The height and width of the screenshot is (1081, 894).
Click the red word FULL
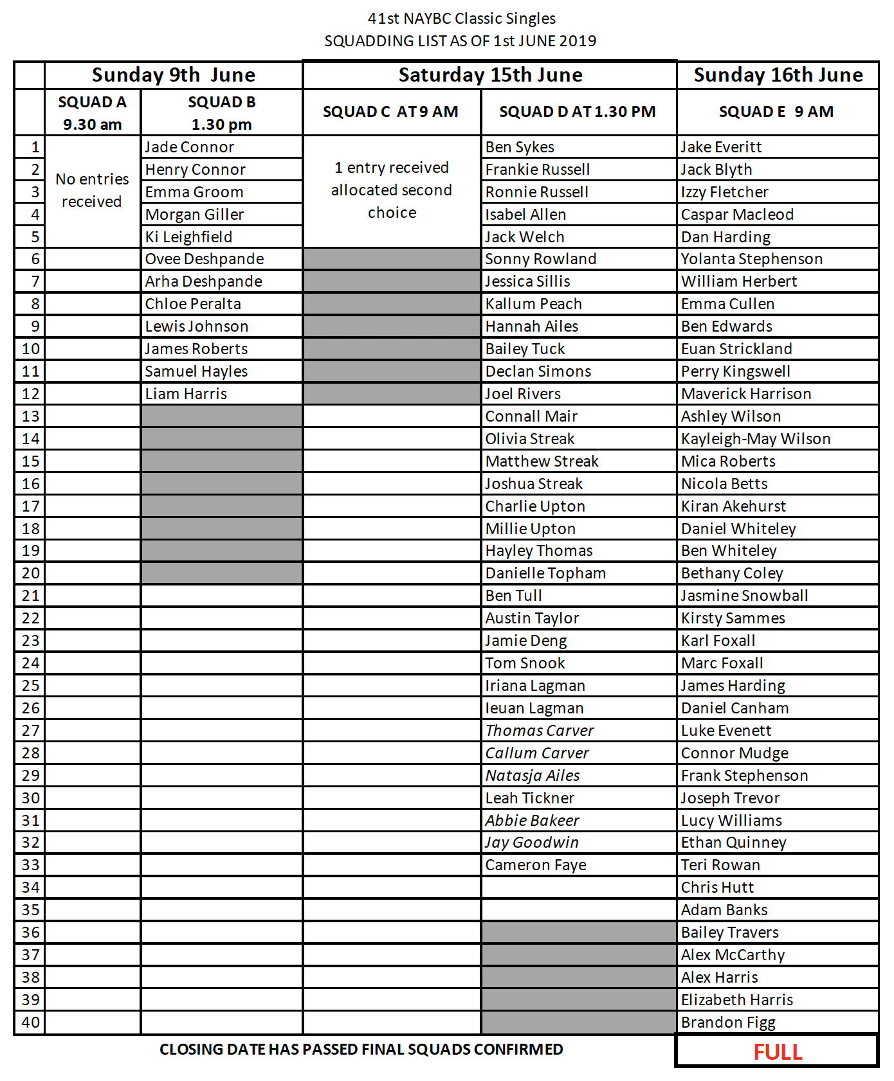pyautogui.click(x=778, y=1052)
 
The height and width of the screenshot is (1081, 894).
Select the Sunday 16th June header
pyautogui.click(x=778, y=75)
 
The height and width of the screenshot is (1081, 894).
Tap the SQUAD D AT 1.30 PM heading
pyautogui.click(x=577, y=112)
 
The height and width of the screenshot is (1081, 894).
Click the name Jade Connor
pyautogui.click(x=189, y=147)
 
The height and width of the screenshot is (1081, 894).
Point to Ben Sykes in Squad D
pyautogui.click(x=520, y=147)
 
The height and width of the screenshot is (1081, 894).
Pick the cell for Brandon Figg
pyautogui.click(x=728, y=1023)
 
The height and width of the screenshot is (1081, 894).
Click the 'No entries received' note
pyautogui.click(x=92, y=190)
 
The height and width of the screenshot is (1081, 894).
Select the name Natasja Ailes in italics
pyautogui.click(x=533, y=776)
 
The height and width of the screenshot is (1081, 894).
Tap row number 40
pyautogui.click(x=30, y=1023)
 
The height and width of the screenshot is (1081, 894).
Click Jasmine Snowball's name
pyautogui.click(x=744, y=596)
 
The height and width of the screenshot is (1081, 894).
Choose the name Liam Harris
pyautogui.click(x=186, y=394)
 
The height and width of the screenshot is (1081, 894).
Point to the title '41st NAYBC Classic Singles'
pyautogui.click(x=461, y=19)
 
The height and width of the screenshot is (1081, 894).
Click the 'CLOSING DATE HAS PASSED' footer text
pyautogui.click(x=361, y=1050)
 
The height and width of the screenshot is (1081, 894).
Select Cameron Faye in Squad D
pyautogui.click(x=536, y=865)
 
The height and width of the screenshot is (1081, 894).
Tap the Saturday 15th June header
pyautogui.click(x=490, y=75)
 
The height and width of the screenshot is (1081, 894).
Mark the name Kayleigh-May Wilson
pyautogui.click(x=756, y=439)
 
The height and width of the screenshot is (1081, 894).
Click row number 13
pyautogui.click(x=30, y=416)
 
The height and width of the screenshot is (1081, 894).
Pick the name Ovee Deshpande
pyautogui.click(x=205, y=259)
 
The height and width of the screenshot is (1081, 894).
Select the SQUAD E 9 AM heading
pyautogui.click(x=776, y=112)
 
